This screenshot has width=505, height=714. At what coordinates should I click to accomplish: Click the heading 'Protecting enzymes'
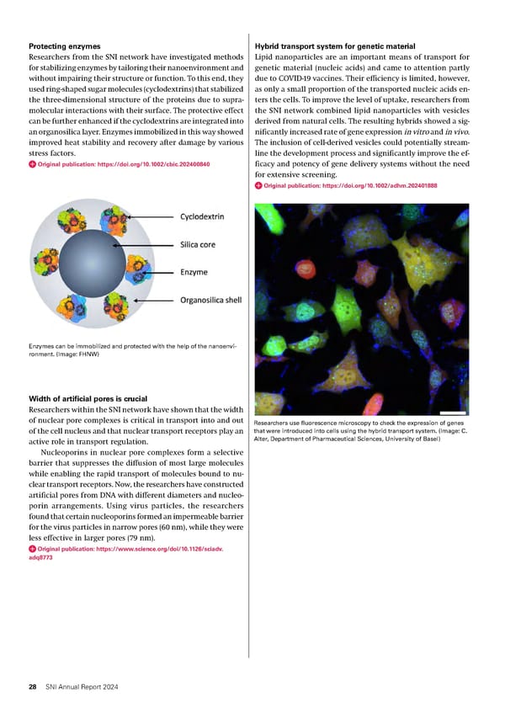[x=64, y=45]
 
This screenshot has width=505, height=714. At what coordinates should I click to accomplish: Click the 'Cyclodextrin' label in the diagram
[x=203, y=216]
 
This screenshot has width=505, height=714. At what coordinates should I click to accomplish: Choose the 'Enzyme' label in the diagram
[x=194, y=272]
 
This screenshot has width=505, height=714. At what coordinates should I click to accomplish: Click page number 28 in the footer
[x=32, y=688]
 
